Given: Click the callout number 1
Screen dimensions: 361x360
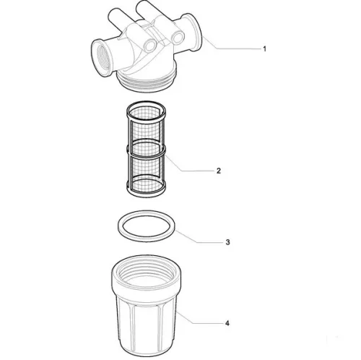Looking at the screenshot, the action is pos(264,49).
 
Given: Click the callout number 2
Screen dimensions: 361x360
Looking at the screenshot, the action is pos(218,171).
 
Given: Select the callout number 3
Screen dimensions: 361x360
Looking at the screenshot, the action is pos(227,242).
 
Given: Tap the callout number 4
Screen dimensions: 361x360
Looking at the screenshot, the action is pos(227,323).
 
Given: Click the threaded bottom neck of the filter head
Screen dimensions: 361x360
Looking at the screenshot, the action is pos(147,81).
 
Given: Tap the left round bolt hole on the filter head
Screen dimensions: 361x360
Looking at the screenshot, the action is pos(150,46).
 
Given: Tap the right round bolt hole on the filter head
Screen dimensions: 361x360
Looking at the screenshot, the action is pos(178,38).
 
